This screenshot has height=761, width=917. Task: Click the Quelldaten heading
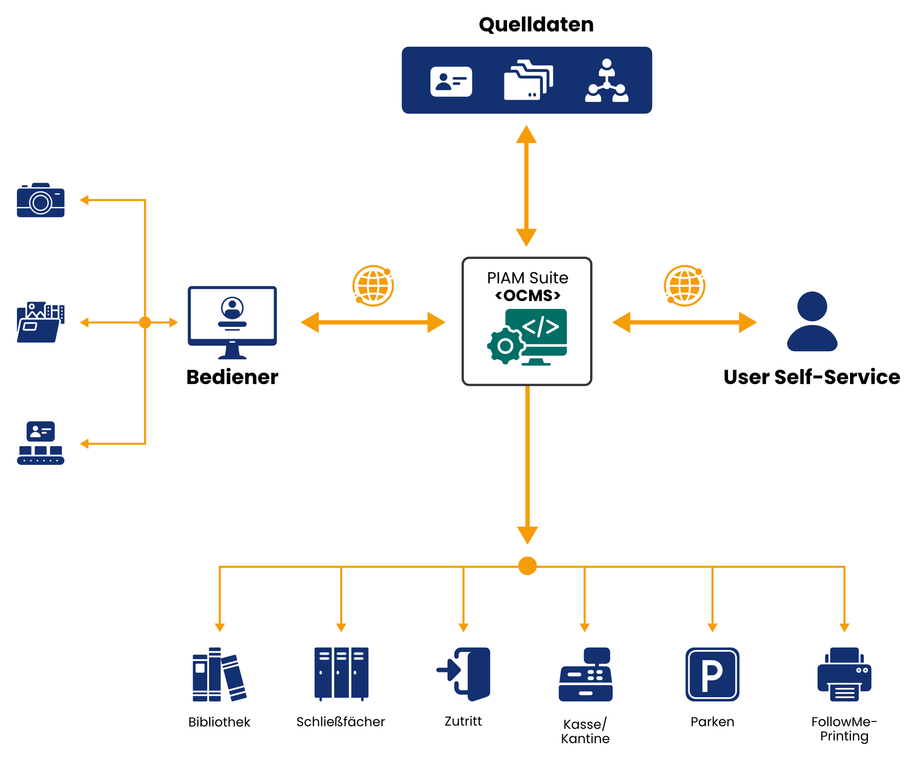[536, 25]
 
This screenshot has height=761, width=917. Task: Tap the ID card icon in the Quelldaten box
[451, 82]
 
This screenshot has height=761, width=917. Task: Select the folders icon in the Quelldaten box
[528, 80]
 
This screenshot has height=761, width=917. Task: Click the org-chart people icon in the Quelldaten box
[607, 80]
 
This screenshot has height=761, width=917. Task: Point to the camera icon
[41, 200]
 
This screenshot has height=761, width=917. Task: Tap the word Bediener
[232, 377]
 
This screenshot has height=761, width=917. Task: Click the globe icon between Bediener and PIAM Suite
[373, 285]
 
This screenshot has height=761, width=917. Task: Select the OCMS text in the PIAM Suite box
[528, 296]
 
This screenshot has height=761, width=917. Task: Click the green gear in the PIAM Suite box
[505, 346]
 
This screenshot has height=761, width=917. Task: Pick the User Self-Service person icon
[812, 321]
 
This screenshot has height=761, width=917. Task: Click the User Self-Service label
[812, 377]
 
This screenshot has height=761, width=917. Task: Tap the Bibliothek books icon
[220, 674]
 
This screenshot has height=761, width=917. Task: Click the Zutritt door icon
[464, 674]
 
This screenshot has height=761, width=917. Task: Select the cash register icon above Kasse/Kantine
[586, 674]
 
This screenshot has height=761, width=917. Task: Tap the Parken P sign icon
[713, 674]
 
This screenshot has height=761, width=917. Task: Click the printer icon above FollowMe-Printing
[845, 674]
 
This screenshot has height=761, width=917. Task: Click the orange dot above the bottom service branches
[527, 566]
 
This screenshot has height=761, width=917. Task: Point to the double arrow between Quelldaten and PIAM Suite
[526, 186]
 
